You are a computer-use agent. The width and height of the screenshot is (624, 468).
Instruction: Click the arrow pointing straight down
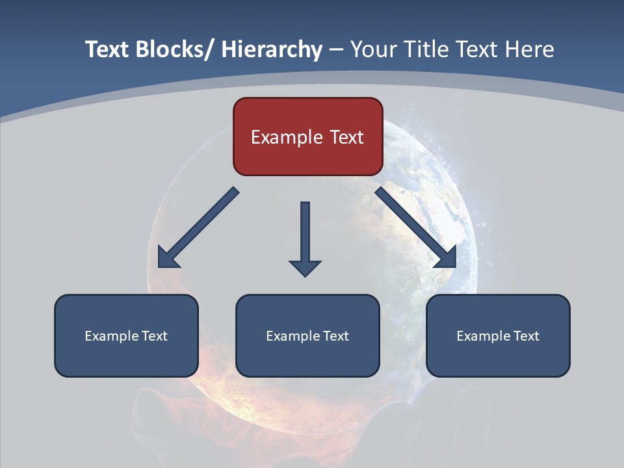coord(305,237)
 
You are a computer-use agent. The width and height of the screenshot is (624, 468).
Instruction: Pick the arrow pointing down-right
coord(415,227)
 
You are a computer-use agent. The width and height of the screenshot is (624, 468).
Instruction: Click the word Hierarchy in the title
coord(272,49)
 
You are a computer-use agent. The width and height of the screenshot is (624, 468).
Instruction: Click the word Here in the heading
coord(528,49)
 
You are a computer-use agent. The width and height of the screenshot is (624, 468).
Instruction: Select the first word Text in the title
coord(108,49)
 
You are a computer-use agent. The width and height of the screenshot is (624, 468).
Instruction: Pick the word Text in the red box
coord(346,137)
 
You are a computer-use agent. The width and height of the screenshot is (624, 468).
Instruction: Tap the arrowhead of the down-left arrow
coord(168,257)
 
